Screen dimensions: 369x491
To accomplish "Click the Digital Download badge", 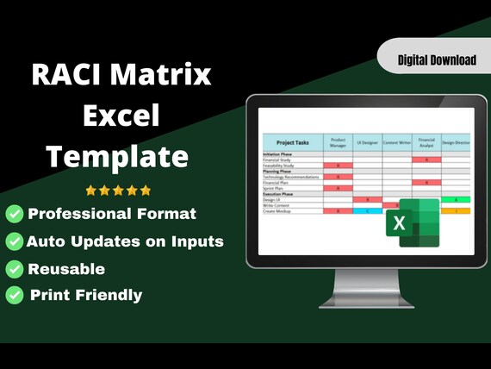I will (x=437, y=59).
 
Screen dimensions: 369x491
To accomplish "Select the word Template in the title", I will (x=117, y=156).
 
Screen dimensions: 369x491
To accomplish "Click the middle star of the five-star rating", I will (x=118, y=190).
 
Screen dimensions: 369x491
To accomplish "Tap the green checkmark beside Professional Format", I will (x=15, y=214).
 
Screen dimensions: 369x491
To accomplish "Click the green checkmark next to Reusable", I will (x=15, y=268).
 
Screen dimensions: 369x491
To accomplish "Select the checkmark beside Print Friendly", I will (x=15, y=295).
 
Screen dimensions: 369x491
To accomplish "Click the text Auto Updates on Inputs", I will (x=125, y=241).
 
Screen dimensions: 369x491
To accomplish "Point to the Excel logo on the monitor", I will (x=412, y=222).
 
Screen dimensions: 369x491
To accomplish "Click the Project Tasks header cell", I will (x=292, y=142).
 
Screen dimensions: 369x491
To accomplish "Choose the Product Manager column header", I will (x=338, y=142).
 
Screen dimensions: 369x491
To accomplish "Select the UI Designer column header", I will (x=368, y=142).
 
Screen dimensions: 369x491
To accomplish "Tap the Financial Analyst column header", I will (x=426, y=142).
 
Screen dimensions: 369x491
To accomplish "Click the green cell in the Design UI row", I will (x=456, y=199).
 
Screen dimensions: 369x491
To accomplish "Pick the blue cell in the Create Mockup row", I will (x=368, y=210).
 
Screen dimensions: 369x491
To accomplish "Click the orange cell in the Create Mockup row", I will (x=456, y=210).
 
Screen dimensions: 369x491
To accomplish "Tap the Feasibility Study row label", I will (x=282, y=165).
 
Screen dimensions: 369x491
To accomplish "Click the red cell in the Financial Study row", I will (x=426, y=159).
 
